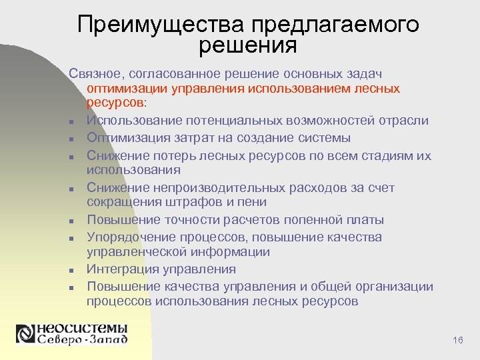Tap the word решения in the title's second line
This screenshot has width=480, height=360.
247,45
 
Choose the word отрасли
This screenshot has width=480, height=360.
404,121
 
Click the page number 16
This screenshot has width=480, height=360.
457,341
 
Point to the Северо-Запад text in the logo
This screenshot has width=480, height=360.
81,339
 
